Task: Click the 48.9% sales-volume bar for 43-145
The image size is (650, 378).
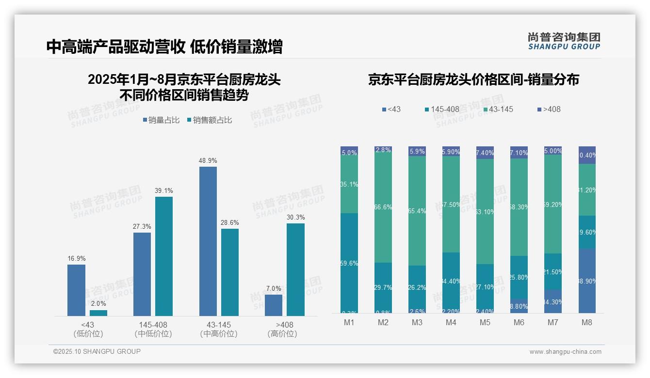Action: click(208, 241)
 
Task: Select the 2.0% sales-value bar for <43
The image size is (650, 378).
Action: click(98, 313)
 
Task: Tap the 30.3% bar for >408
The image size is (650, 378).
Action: click(295, 269)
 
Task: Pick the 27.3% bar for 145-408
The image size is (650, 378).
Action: click(142, 274)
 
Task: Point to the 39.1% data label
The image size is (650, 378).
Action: click(164, 190)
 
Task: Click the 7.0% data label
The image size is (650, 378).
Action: click(274, 288)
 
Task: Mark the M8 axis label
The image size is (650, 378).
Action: click(587, 322)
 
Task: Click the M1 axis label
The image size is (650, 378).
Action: click(349, 322)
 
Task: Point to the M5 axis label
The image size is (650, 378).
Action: click(485, 322)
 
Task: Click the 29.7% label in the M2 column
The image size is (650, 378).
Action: click(383, 287)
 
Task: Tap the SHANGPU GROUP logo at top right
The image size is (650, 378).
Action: click(564, 41)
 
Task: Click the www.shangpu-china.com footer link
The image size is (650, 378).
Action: click(565, 352)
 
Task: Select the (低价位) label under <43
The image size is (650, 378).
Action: click(88, 334)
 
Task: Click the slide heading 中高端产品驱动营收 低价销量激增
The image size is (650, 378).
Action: click(164, 47)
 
